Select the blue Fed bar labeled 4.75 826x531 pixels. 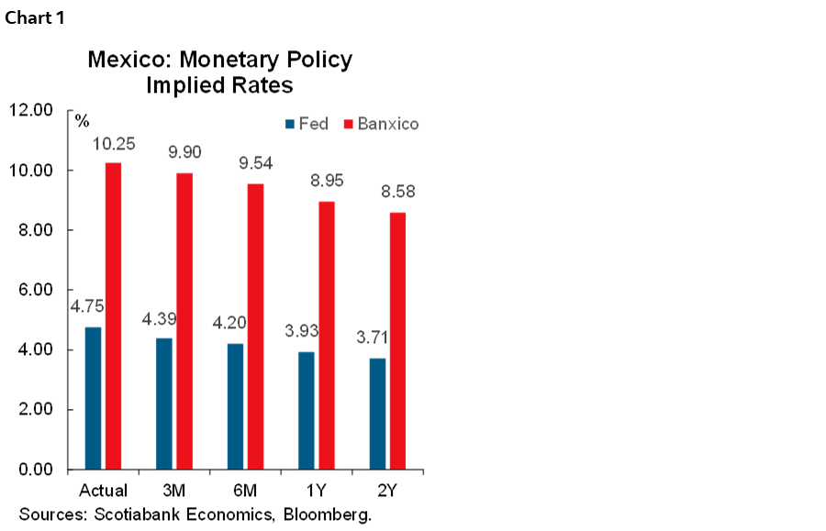tap(93, 397)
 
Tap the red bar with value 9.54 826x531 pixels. tap(255, 326)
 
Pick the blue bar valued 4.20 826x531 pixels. tap(235, 405)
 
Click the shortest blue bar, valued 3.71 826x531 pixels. tap(377, 413)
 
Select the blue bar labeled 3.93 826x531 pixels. tap(307, 409)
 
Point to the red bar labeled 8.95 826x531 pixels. tap(327, 334)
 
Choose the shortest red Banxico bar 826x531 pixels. tap(397, 339)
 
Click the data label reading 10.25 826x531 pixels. tap(114, 144)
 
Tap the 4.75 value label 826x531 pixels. tap(87, 306)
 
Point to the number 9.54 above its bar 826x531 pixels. tap(256, 164)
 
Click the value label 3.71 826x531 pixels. tap(372, 337)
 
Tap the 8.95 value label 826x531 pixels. tap(327, 181)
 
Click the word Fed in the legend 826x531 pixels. tap(313, 124)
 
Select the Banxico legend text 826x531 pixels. tap(388, 124)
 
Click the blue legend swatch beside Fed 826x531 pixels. tap(290, 124)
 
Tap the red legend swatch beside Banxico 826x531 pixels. tap(349, 124)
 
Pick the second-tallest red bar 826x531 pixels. tap(184, 320)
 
